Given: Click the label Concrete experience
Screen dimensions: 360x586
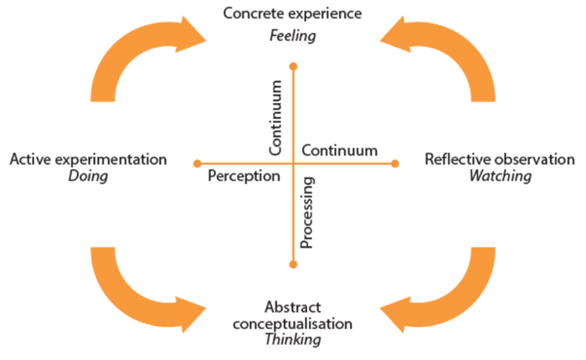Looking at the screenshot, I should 292,14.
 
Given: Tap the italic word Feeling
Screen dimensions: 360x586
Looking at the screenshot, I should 292,36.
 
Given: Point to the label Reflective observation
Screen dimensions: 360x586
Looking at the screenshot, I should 500,159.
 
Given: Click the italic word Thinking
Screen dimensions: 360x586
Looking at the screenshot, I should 292,340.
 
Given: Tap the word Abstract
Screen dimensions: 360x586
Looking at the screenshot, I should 292,306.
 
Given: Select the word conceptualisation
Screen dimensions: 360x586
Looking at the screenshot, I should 292,323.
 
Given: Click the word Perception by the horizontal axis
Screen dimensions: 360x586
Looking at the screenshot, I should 244,177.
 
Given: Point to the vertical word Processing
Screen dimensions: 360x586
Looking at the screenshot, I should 306,213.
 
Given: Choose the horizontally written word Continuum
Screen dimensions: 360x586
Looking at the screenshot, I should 339,151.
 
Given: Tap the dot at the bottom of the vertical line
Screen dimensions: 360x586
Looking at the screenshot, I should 292,265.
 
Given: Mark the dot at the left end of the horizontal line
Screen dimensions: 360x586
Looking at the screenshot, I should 197,163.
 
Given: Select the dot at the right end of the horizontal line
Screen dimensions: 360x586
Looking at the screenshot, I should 395,163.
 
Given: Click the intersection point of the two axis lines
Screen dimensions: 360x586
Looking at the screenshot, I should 292,163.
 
